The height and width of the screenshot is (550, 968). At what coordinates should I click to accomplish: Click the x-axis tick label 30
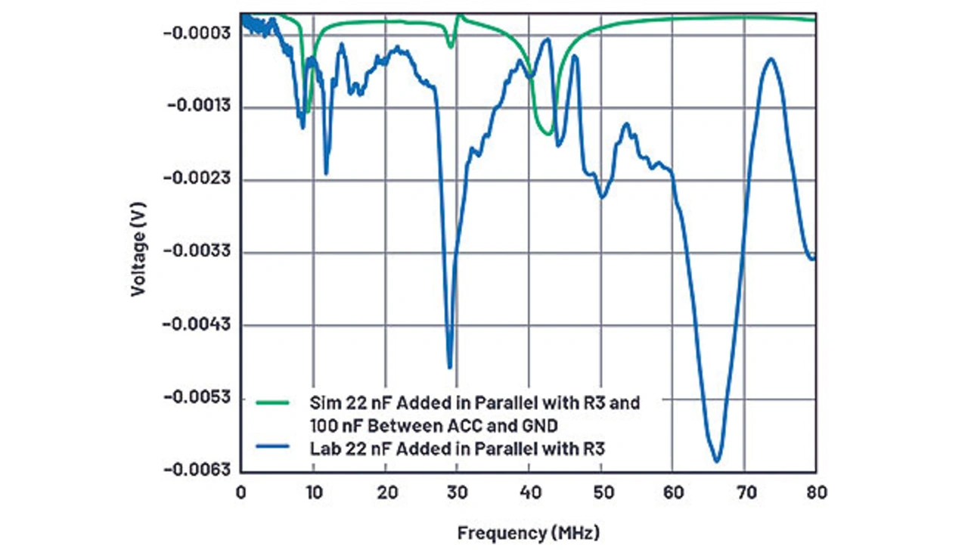[x=457, y=493]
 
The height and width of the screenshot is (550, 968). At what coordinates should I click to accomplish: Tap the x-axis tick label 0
[x=241, y=493]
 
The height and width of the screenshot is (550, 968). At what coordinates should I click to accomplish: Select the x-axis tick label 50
[x=600, y=493]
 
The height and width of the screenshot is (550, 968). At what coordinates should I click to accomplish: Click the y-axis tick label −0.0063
[x=199, y=471]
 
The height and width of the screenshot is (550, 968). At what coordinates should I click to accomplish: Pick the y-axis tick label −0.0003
[x=199, y=34]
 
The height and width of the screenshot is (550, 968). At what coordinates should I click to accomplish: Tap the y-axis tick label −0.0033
[x=199, y=252]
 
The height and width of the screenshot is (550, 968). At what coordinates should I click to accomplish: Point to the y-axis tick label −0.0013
[x=199, y=107]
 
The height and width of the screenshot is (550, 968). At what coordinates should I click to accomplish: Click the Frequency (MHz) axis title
[x=529, y=533]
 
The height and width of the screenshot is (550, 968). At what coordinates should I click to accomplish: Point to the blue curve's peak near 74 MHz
[x=771, y=58]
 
